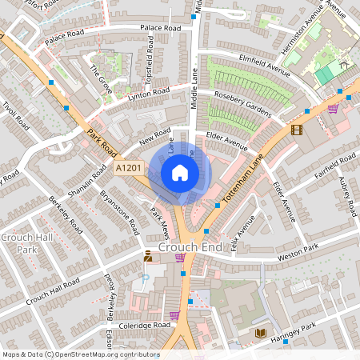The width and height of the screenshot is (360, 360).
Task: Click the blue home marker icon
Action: [x=180, y=172]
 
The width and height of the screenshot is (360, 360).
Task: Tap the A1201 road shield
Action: [x=129, y=168]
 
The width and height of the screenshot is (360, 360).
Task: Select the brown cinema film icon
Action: [x=298, y=130]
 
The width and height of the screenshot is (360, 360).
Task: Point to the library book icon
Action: [x=260, y=332]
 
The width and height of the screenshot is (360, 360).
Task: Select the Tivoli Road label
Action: [x=14, y=121]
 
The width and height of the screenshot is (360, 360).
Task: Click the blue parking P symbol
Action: [x=146, y=278]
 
